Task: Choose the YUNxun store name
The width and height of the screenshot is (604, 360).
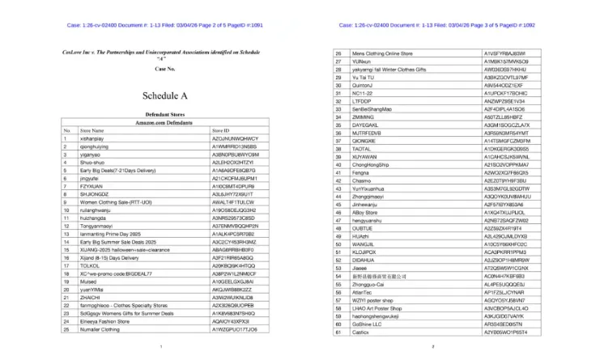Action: [x=362, y=61]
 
